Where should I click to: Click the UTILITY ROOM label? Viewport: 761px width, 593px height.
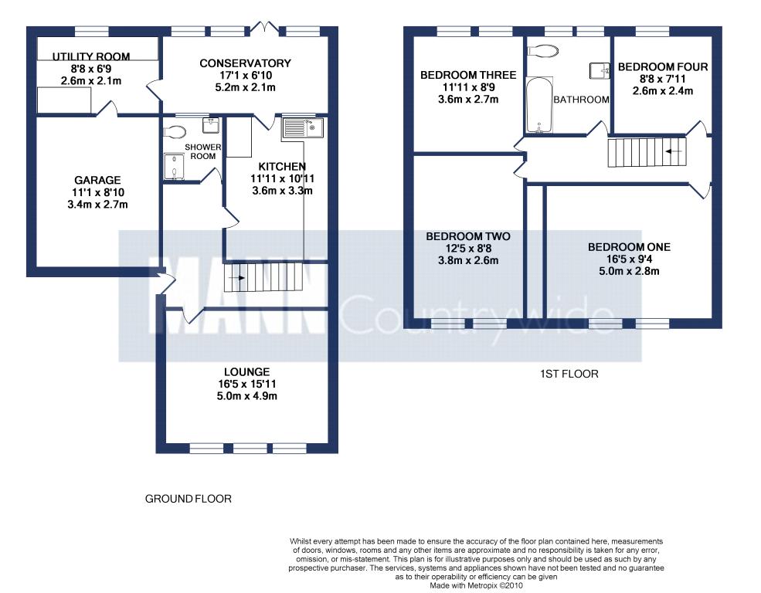click(90, 56)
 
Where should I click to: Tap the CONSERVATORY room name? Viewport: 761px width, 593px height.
click(245, 63)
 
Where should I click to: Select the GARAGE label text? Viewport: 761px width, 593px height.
click(97, 180)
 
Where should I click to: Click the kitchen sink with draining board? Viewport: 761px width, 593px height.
click(302, 128)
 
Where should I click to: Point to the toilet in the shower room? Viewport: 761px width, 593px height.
click(175, 132)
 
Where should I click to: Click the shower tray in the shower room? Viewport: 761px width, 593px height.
click(174, 167)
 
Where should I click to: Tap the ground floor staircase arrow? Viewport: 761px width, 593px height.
click(239, 278)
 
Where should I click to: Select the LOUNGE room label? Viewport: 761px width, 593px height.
click(246, 372)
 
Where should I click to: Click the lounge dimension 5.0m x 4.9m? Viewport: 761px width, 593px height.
click(246, 396)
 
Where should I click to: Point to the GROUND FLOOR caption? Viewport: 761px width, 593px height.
click(189, 499)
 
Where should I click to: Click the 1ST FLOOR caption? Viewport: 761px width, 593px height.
click(569, 374)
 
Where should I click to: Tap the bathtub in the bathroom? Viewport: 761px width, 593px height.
click(539, 104)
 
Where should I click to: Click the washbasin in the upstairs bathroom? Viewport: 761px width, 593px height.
click(600, 70)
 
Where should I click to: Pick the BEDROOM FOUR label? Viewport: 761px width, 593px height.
click(662, 67)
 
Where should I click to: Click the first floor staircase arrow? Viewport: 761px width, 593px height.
click(673, 151)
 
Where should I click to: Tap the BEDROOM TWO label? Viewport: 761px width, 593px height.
click(468, 236)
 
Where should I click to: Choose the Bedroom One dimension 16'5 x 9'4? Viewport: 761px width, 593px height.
click(629, 259)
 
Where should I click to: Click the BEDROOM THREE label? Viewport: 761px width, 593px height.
click(468, 75)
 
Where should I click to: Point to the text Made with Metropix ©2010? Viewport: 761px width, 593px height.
click(476, 586)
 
